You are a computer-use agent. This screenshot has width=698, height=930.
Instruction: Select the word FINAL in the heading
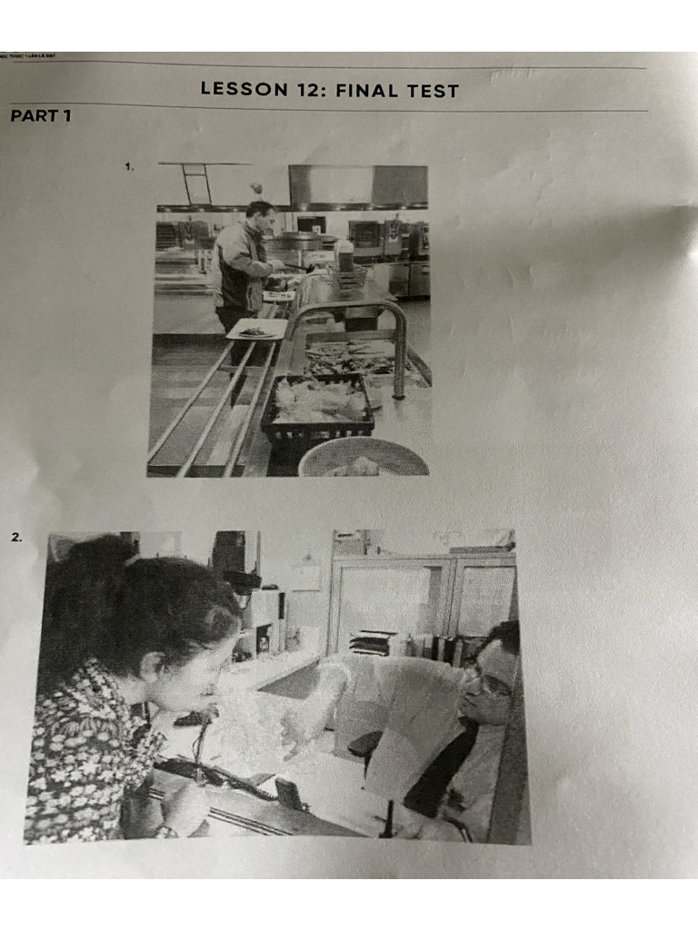364,91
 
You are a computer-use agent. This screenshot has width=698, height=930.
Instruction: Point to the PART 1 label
40,116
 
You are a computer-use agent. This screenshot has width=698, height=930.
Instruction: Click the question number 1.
130,166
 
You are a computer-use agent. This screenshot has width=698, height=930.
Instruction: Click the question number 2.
16,537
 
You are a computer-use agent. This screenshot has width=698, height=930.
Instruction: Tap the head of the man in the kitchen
260,215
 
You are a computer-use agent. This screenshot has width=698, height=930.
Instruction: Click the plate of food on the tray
255,331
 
